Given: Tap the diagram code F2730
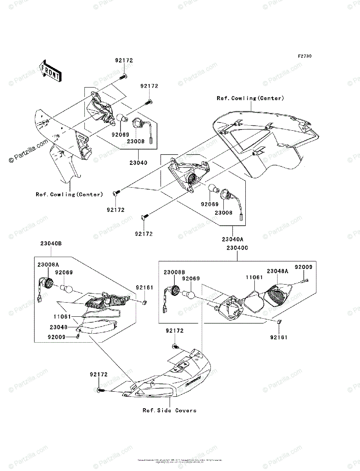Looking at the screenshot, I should click(304, 56).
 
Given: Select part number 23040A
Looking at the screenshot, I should click(232, 239).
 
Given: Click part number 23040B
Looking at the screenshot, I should click(51, 243).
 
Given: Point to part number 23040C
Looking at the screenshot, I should click(237, 248).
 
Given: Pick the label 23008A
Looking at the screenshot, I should click(48, 265).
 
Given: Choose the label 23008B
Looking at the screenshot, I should click(175, 272).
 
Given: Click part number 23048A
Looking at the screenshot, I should click(278, 271).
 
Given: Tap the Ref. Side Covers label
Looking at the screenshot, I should click(169, 411).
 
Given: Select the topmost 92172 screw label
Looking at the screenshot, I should click(124, 61).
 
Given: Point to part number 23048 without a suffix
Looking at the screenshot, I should click(58, 327).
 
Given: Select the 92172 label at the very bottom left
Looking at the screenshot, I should click(98, 375).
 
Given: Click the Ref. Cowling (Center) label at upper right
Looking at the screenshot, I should click(250, 99).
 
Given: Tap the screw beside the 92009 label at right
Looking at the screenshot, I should click(305, 280).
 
